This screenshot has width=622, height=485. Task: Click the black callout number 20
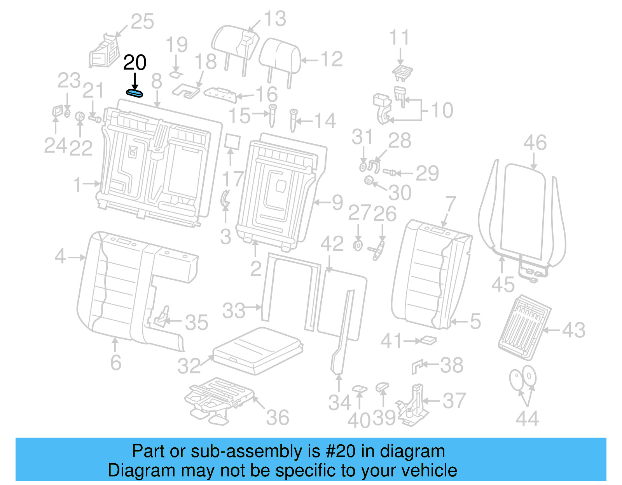[x=135, y=63]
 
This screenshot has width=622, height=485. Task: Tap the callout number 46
[x=535, y=143]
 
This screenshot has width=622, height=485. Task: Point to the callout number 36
[x=278, y=418]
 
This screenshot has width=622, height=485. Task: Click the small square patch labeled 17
[x=232, y=142]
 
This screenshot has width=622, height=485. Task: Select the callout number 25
[x=142, y=22]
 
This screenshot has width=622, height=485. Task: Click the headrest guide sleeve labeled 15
[x=273, y=115]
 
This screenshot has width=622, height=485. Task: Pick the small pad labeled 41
[x=428, y=341]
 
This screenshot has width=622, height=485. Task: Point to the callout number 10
[x=442, y=110]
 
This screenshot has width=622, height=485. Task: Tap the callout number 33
[x=234, y=311]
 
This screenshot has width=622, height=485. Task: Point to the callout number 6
[x=116, y=362]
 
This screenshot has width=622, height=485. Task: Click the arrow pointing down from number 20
[x=135, y=81]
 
